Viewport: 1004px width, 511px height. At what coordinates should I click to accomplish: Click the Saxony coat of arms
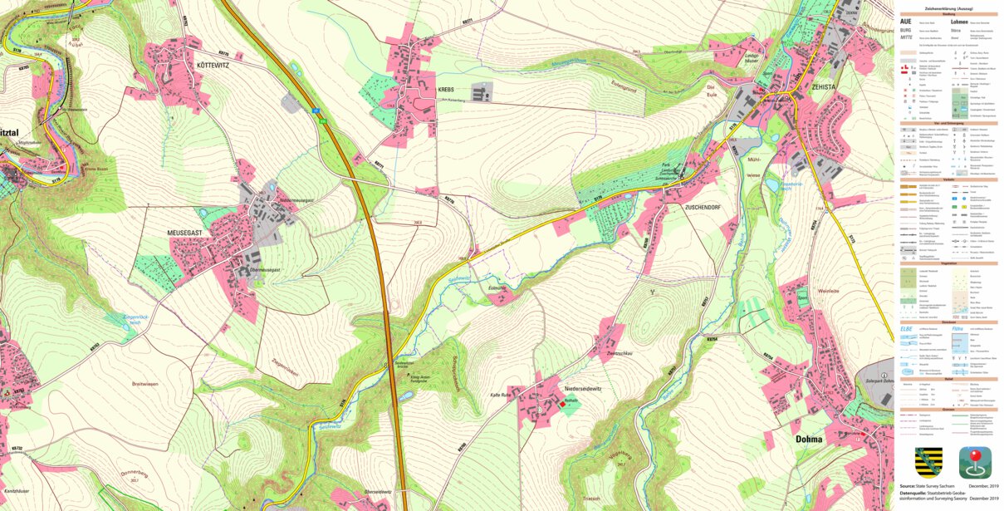tap(928, 462)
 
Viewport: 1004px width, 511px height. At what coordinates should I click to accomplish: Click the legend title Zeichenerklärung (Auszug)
tap(948, 8)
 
